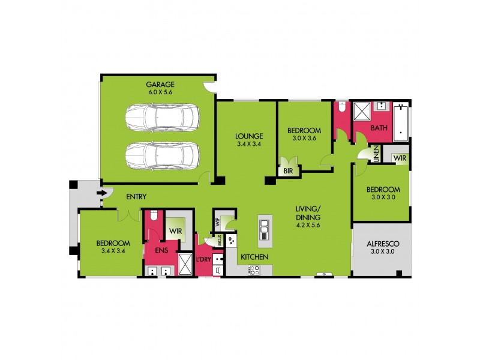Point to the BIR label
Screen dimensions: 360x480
[x=289, y=172]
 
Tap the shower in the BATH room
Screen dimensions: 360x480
[x=362, y=112]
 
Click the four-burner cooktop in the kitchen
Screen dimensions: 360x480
[x=254, y=270]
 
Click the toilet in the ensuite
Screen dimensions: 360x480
[x=154, y=217]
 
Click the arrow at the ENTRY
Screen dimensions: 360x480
[x=103, y=193]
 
